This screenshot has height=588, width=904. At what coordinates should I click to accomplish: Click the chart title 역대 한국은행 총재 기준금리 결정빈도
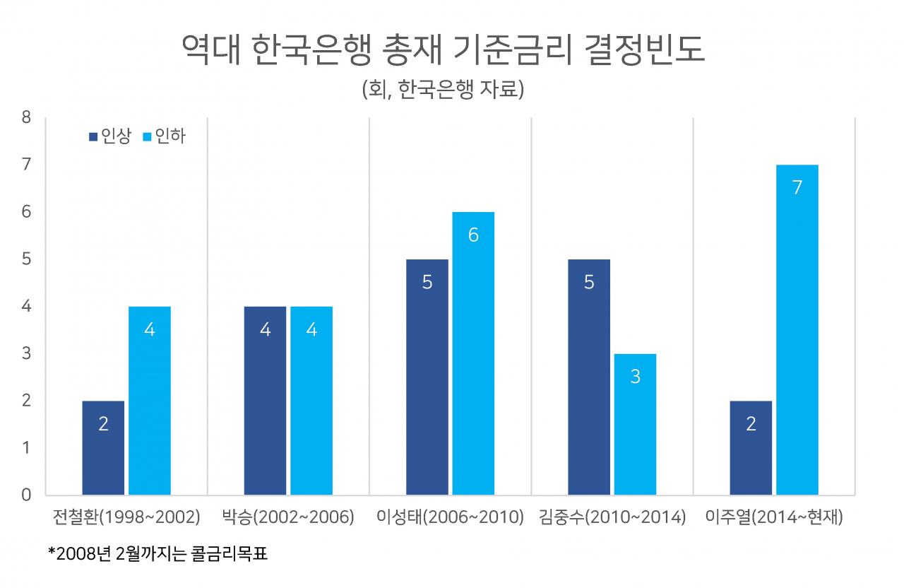443,49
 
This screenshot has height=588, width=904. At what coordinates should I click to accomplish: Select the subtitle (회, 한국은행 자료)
443,89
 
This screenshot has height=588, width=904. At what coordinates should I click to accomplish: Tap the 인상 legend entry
110,136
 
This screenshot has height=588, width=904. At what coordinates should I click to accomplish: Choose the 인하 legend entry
165,136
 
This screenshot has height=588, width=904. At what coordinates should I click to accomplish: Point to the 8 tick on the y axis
26,117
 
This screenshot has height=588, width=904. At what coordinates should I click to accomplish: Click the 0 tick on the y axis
26,495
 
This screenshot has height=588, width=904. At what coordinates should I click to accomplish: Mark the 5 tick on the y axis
26,259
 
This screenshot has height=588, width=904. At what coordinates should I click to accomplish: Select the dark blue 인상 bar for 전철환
103,448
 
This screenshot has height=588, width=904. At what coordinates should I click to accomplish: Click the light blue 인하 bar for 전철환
150,401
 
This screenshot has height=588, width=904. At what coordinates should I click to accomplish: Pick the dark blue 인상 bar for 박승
265,401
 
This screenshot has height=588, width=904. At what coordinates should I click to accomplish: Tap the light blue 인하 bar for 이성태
473,353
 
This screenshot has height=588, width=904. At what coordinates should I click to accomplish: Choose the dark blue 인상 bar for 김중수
589,377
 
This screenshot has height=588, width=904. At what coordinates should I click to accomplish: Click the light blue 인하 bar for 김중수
635,424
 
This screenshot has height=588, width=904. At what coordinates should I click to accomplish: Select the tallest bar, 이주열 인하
797,329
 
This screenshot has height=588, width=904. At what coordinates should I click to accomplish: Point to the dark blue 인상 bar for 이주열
751,448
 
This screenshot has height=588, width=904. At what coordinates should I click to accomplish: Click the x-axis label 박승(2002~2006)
288,517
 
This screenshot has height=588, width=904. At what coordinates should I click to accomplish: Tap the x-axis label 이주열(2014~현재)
774,517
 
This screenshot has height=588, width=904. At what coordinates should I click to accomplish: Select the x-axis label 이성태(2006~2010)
450,517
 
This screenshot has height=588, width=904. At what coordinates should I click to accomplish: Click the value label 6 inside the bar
473,235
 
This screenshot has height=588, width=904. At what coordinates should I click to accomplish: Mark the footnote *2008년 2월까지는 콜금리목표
157,553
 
